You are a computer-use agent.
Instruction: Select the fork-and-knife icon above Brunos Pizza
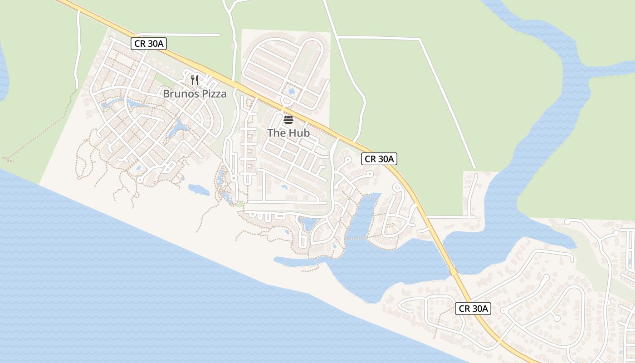click(x=195, y=80)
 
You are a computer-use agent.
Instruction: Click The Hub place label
click(x=288, y=133)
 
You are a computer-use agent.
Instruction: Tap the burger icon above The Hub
click(x=288, y=120)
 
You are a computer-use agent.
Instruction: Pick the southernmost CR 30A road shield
click(x=473, y=309)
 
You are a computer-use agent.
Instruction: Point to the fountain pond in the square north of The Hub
click(x=291, y=91)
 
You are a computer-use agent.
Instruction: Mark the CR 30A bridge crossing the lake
click(x=453, y=271)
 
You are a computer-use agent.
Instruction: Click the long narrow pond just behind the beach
click(x=295, y=261)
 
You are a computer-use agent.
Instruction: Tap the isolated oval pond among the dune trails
click(x=199, y=189)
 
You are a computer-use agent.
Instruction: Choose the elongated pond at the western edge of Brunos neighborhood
click(x=111, y=103)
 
